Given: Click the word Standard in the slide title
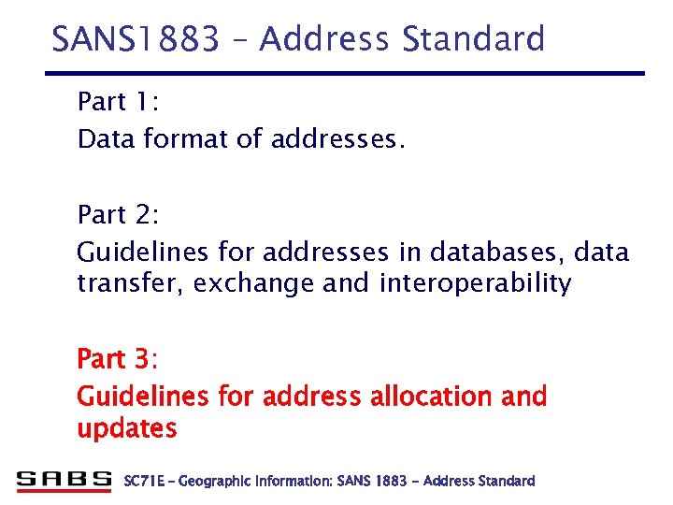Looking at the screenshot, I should (x=474, y=39).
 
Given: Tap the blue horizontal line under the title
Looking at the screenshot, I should (x=346, y=73).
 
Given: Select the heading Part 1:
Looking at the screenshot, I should (x=119, y=100).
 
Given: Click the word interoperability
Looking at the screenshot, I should (x=475, y=283).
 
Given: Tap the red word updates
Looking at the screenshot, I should (x=126, y=429).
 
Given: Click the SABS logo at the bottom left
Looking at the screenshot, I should (x=64, y=481).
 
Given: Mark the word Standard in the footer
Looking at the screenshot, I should (x=506, y=481).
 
